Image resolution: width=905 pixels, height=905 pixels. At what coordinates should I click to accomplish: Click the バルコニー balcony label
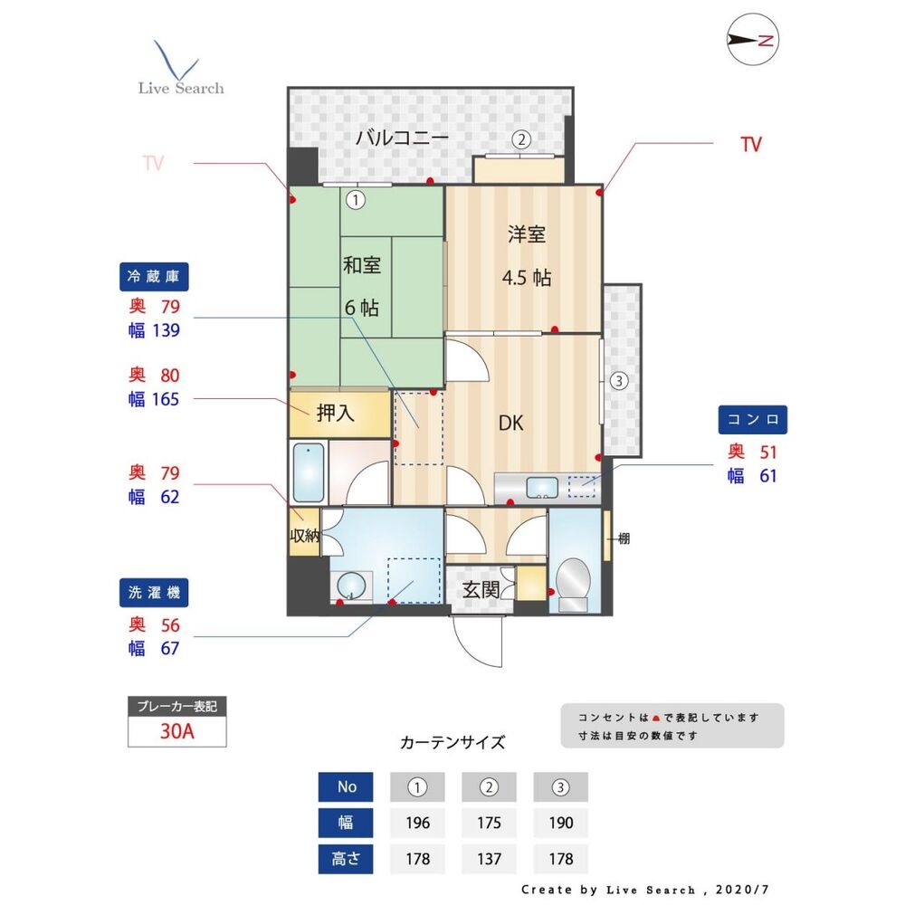pos(402,138)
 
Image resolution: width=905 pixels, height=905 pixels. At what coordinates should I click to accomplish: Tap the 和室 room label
pos(361,265)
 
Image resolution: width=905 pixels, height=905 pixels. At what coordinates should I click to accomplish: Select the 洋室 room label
pos(526,234)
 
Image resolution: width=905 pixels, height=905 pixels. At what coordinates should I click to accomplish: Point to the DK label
pos(511,423)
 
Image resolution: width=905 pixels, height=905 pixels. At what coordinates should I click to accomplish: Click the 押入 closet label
pos(335,414)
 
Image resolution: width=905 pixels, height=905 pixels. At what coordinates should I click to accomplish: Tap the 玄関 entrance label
pos(481,589)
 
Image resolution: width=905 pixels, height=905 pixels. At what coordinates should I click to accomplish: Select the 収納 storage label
pos(304,535)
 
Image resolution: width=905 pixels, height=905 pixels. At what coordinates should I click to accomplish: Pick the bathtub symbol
pos(310,473)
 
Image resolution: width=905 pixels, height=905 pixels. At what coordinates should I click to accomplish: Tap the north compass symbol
pos(754,40)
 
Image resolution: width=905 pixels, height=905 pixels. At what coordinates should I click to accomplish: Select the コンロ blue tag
pos(753,420)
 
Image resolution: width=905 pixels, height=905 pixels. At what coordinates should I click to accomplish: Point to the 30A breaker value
pos(177,732)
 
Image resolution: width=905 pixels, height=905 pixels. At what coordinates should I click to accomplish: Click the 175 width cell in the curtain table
pos(489,823)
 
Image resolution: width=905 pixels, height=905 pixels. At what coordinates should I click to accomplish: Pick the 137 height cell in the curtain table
pos(489,858)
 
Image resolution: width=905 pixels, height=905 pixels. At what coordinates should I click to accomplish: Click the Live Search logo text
pos(181,88)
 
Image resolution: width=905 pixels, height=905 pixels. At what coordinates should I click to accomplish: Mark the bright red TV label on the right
pos(750,144)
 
